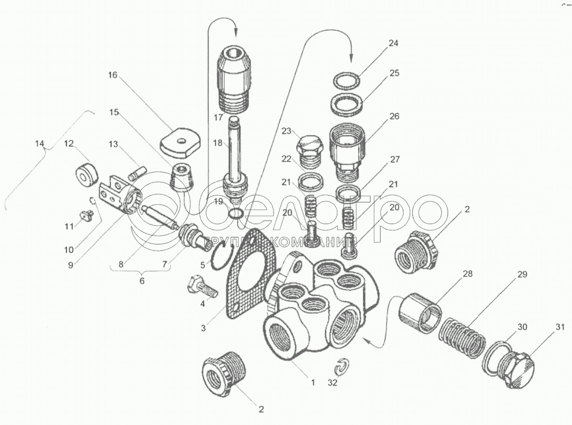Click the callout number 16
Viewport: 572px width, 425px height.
point(112,76)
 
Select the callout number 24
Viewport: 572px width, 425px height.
point(394,44)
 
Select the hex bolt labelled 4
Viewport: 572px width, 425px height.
point(200,286)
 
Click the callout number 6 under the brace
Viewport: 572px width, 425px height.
point(142,280)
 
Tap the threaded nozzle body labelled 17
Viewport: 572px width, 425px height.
point(234,80)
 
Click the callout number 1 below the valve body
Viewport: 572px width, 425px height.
point(313,382)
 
